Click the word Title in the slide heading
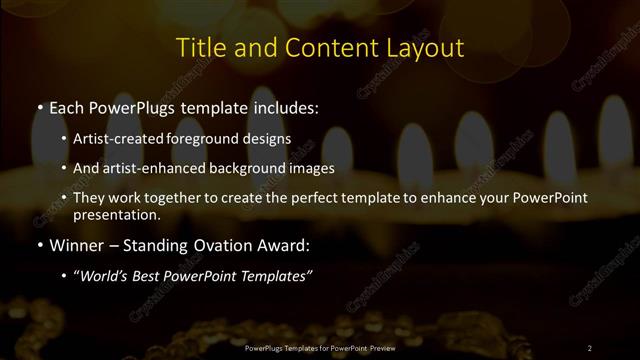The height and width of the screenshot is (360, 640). [x=199, y=47]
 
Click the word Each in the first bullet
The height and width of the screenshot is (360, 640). [x=66, y=106]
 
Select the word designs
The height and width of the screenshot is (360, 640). [x=267, y=140]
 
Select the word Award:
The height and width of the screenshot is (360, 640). [x=281, y=243]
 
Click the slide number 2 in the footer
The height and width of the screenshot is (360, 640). [x=589, y=348]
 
